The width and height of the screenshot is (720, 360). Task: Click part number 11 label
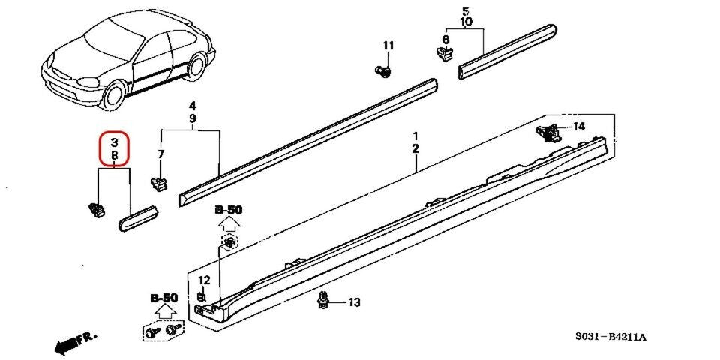click(388, 46)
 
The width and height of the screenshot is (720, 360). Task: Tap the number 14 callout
click(578, 126)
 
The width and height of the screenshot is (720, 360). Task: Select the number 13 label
click(353, 302)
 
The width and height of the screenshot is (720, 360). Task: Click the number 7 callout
click(160, 154)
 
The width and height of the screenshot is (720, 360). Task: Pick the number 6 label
click(445, 39)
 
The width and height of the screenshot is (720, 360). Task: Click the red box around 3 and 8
click(115, 148)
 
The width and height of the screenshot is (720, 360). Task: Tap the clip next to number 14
click(551, 133)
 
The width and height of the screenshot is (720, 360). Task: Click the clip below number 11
click(384, 71)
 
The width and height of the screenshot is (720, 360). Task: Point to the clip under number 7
click(158, 182)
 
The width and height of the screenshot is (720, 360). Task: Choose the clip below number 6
click(445, 54)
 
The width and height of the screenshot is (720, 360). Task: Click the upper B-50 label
click(229, 210)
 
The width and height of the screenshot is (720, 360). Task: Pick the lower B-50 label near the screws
click(164, 298)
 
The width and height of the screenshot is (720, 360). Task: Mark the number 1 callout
click(415, 135)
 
